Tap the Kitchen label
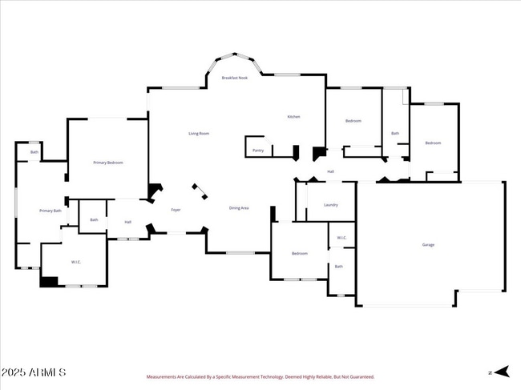pos(293,117)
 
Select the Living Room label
pos(199,133)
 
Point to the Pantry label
pos(258,150)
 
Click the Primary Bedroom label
pos(108,163)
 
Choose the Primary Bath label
pos(50,211)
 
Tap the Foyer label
pos(176,210)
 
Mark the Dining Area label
pos(239,208)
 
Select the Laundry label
pos(330,204)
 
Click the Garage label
pos(428,244)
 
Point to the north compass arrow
pos(501,372)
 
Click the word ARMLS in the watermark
pos(50,373)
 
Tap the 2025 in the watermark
pos(15,373)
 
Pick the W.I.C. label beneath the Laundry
pos(341,237)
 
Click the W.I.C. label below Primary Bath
pos(76,262)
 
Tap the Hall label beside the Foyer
pos(127,222)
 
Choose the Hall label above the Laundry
pos(330,171)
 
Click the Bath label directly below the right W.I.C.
pos(338,267)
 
